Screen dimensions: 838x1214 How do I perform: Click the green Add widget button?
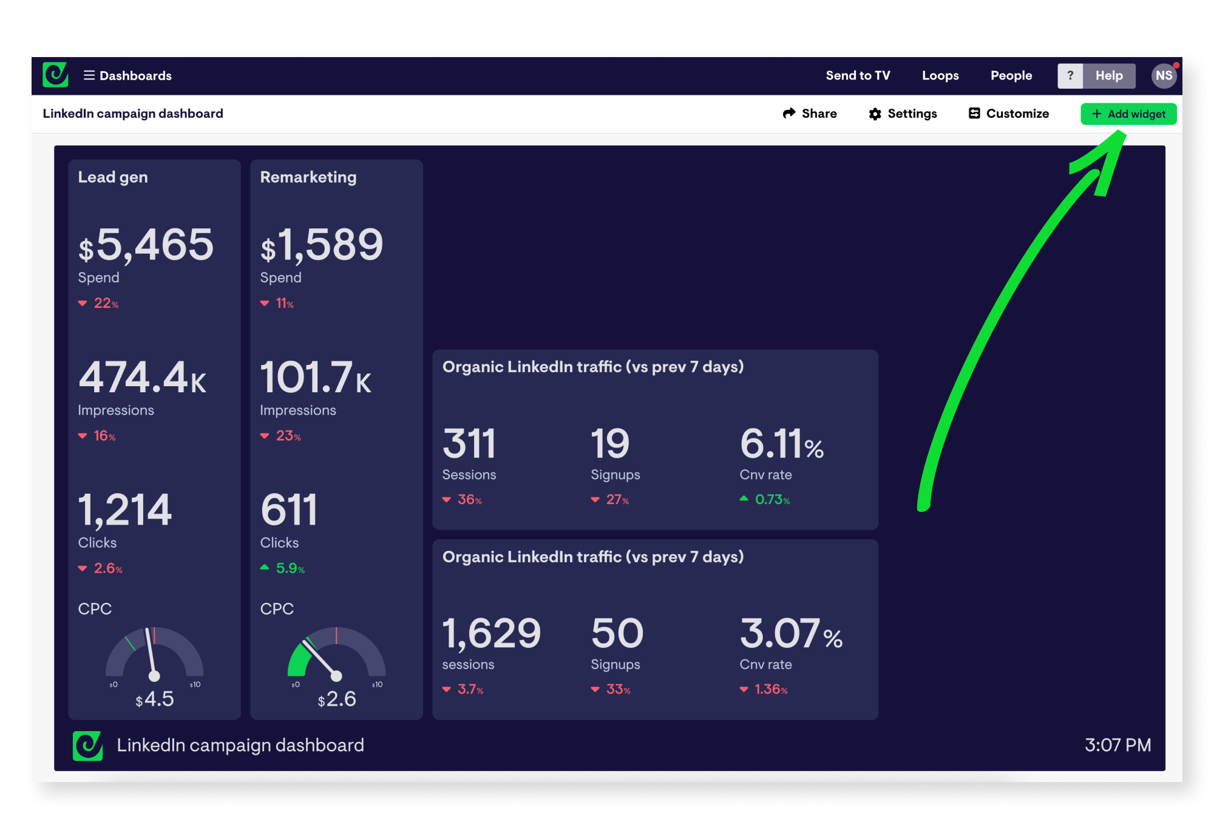(1128, 114)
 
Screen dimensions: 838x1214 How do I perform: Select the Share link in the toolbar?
(810, 114)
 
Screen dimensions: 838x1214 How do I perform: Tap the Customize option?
(1009, 114)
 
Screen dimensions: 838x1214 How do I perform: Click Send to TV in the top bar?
(857, 76)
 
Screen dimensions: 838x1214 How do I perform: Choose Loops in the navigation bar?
(940, 76)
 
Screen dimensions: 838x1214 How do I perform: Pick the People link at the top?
(1011, 76)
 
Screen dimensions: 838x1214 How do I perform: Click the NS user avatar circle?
(1163, 76)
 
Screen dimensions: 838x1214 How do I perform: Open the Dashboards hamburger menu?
(127, 76)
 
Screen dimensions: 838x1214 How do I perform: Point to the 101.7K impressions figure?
(315, 378)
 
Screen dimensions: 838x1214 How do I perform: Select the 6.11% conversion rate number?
(781, 444)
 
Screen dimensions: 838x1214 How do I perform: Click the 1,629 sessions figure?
(491, 634)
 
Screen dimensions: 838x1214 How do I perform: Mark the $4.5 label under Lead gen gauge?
(155, 700)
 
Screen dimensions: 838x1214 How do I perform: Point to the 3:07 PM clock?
(1117, 745)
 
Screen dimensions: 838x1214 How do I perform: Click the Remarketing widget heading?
(308, 177)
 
